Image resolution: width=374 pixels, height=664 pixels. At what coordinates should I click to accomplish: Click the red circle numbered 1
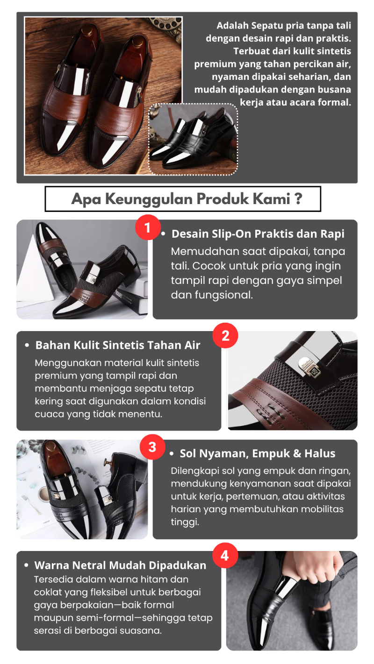click(148, 228)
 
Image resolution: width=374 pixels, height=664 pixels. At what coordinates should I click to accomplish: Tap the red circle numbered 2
click(225, 336)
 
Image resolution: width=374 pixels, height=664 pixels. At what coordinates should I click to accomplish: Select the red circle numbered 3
click(152, 447)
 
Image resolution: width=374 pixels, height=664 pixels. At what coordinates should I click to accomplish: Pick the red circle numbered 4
click(225, 556)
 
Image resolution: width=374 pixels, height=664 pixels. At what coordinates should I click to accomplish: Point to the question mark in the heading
click(299, 198)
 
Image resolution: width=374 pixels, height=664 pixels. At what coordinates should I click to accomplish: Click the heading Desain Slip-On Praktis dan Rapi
click(258, 234)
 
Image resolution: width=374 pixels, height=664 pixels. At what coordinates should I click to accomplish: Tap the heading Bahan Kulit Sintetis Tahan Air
click(118, 346)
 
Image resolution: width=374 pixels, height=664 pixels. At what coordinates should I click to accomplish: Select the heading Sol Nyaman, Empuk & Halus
click(258, 453)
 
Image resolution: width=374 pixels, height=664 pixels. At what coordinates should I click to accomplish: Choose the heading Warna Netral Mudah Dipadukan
click(120, 565)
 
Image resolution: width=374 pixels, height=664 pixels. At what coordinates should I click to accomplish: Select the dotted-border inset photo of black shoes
click(193, 139)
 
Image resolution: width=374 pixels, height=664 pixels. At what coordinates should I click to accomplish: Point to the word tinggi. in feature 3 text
click(185, 522)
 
